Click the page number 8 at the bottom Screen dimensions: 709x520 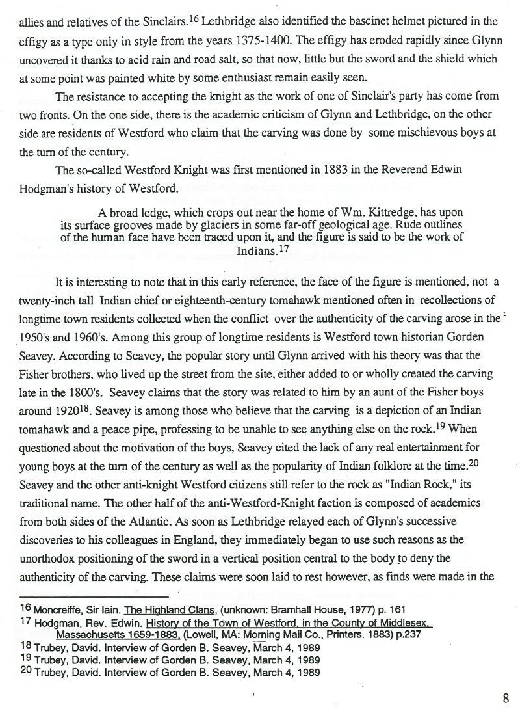click(506, 699)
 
